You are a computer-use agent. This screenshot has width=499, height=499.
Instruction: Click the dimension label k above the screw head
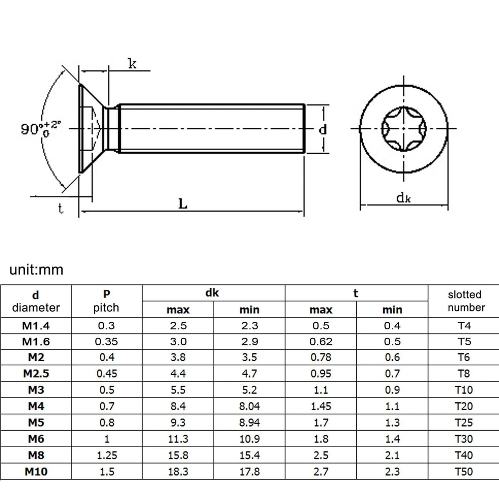click(x=132, y=63)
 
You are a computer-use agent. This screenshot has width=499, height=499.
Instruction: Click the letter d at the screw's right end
click(x=323, y=129)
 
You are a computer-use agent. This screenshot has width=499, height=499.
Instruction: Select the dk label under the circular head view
click(x=403, y=198)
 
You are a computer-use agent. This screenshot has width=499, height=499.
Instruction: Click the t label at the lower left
click(x=60, y=209)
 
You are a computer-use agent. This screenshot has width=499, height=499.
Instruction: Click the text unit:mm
click(x=37, y=270)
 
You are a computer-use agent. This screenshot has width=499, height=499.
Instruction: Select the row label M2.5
click(x=36, y=374)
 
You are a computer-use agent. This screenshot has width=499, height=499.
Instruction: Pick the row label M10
click(x=36, y=472)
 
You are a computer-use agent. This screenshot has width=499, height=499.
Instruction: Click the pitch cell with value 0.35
click(x=106, y=342)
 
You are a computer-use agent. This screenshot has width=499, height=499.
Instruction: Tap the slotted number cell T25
click(x=464, y=423)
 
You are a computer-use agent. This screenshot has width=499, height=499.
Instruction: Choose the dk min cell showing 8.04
click(x=249, y=407)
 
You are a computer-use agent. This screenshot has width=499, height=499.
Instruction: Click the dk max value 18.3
click(x=178, y=472)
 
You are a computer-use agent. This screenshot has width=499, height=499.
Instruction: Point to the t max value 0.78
click(x=320, y=358)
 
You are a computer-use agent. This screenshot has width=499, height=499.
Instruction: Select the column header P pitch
click(x=106, y=301)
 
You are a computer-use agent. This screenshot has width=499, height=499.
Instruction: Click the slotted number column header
click(x=464, y=301)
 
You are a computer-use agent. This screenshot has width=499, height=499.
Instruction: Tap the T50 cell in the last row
click(x=464, y=472)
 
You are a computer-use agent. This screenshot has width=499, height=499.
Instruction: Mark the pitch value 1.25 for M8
click(x=106, y=455)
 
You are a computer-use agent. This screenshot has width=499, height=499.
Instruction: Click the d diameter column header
click(x=36, y=301)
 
